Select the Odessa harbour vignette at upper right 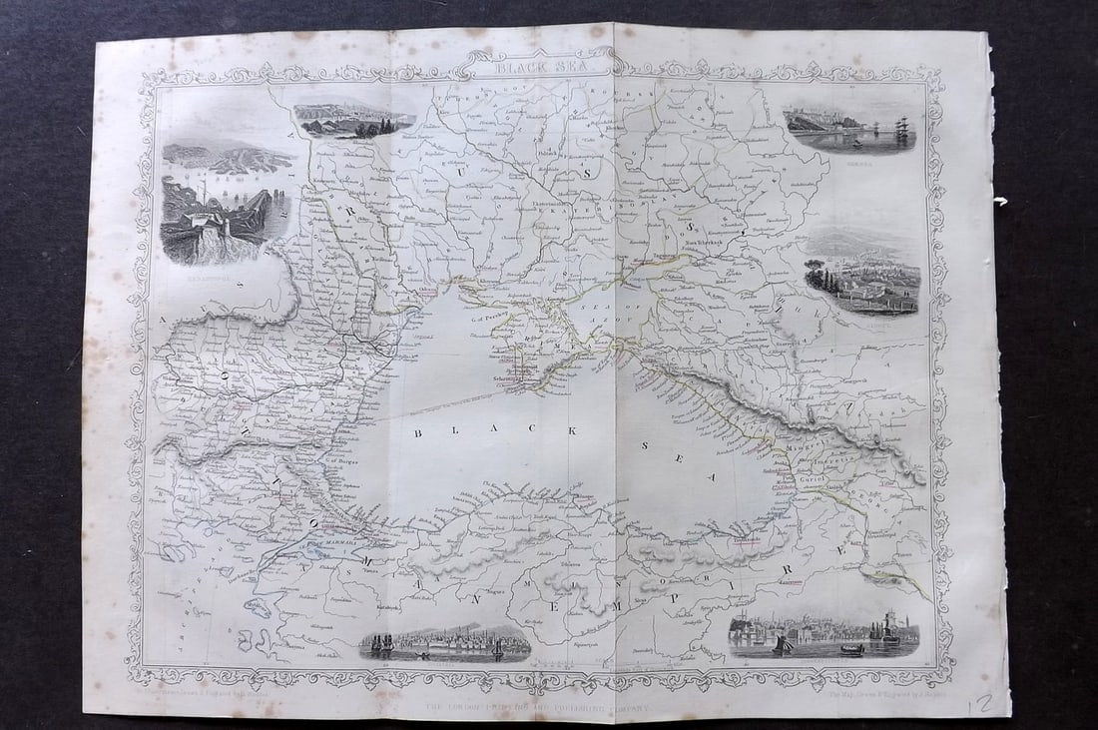849,129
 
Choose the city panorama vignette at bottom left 445,643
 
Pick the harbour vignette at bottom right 823,635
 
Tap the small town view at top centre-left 354,121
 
